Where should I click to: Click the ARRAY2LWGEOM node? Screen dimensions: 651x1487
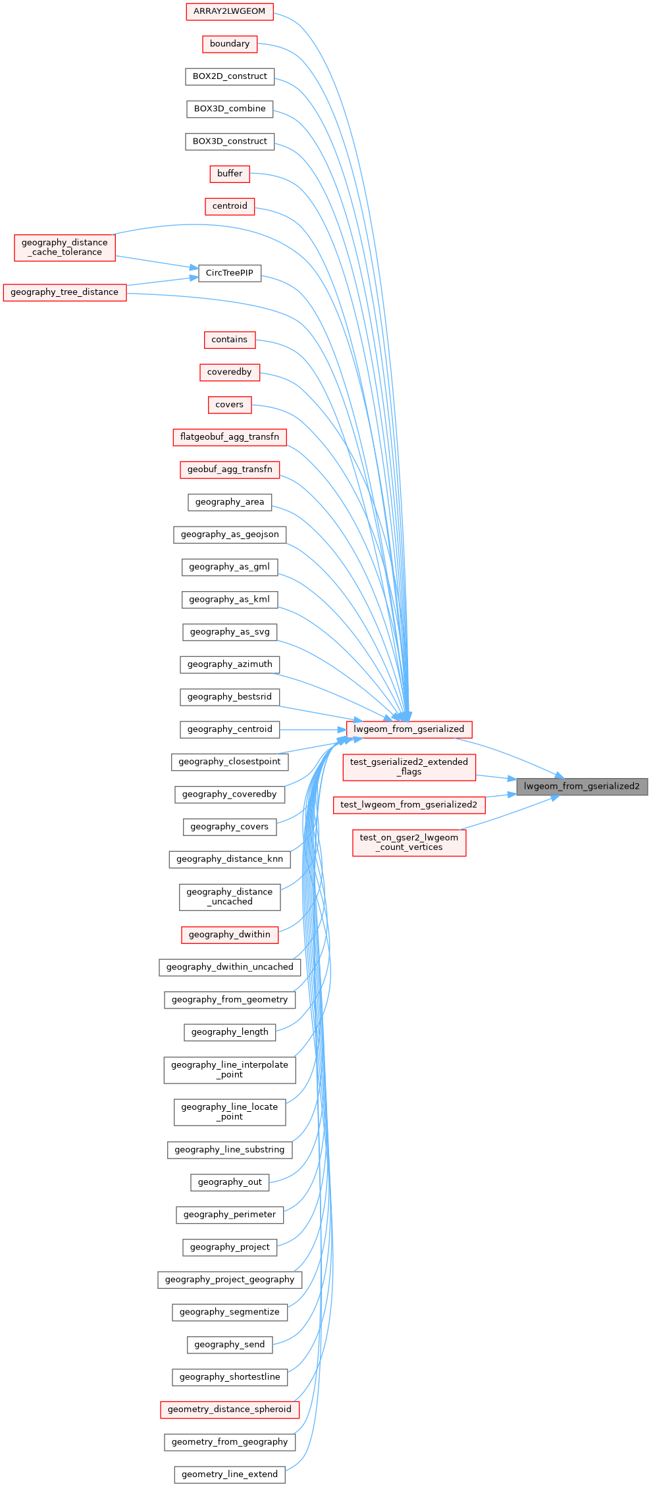[230, 11]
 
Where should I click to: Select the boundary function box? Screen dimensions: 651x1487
[230, 43]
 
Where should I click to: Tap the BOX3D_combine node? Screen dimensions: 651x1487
[230, 109]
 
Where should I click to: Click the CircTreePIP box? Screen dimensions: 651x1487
[230, 273]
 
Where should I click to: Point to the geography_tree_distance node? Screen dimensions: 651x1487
[65, 292]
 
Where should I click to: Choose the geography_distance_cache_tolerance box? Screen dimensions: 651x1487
[65, 248]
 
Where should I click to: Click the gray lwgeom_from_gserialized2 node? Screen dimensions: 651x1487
[582, 786]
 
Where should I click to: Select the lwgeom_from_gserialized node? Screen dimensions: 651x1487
[409, 729]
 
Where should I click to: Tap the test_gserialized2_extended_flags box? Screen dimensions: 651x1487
[409, 767]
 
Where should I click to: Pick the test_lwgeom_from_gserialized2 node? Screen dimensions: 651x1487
[409, 804]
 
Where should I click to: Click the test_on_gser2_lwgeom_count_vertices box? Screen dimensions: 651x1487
[409, 843]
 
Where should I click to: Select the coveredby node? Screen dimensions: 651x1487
[230, 372]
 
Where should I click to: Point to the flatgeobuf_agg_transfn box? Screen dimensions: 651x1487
[230, 437]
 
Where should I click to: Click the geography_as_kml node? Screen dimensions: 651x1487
[230, 599]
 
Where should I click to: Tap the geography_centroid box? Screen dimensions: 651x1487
[230, 729]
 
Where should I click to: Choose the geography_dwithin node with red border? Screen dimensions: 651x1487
[230, 935]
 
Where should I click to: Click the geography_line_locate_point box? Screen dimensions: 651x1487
[230, 1112]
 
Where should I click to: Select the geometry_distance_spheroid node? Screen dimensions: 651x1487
[230, 1409]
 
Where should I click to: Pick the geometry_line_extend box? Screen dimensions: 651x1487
[230, 1474]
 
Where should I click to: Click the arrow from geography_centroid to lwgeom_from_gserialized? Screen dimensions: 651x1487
[313, 729]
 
